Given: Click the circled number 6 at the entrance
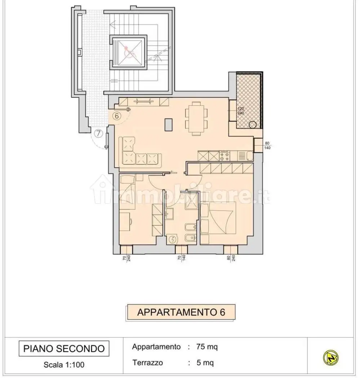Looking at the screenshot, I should pos(117,116).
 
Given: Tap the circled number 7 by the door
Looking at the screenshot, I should pos(98,134).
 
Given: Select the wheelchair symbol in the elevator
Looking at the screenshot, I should pos(129,51).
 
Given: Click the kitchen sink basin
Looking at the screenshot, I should pos(249,156).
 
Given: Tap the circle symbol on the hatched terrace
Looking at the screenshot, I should pos(253,125).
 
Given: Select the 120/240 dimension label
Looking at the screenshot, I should pos(240,111).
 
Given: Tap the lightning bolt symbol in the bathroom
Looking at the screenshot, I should pos(173,239).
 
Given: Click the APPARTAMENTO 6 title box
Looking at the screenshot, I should pos(181,312).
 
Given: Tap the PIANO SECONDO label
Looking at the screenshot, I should pos(64,348).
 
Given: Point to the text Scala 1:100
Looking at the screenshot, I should pos(64,364).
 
